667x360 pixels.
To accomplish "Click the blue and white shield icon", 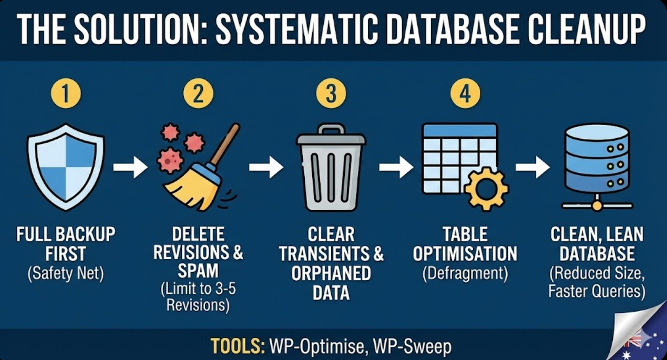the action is point(66,166).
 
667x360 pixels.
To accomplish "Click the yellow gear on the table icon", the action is point(486,188).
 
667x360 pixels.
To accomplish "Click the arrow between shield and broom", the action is point(130,167).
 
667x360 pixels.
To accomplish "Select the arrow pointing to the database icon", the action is point(532,167).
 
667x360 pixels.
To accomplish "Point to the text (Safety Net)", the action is point(66,274).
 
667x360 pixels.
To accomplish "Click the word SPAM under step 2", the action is point(198,271).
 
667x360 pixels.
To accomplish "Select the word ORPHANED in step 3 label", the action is point(331,274).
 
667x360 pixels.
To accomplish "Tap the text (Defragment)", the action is point(465,274).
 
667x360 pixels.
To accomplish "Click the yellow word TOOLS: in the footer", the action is point(238,346).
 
